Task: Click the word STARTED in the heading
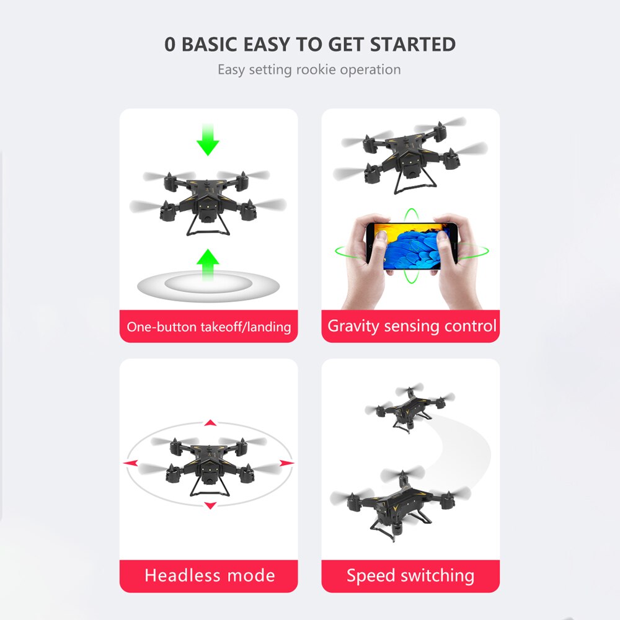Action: [x=412, y=44]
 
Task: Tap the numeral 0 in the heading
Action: [x=170, y=44]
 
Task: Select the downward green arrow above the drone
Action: [x=208, y=139]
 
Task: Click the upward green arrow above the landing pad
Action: [x=208, y=265]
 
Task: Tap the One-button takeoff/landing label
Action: [x=209, y=327]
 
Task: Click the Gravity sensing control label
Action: [x=412, y=326]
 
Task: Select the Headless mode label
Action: [x=210, y=575]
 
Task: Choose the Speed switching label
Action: [x=410, y=576]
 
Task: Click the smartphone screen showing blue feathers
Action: [x=412, y=246]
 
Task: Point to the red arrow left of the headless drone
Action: [x=130, y=463]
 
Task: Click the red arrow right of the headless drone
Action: [x=286, y=463]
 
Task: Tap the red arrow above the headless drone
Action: [x=210, y=423]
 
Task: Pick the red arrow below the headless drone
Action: [x=210, y=505]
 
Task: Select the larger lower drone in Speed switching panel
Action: [x=400, y=504]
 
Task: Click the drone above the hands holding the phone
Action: [x=410, y=155]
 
